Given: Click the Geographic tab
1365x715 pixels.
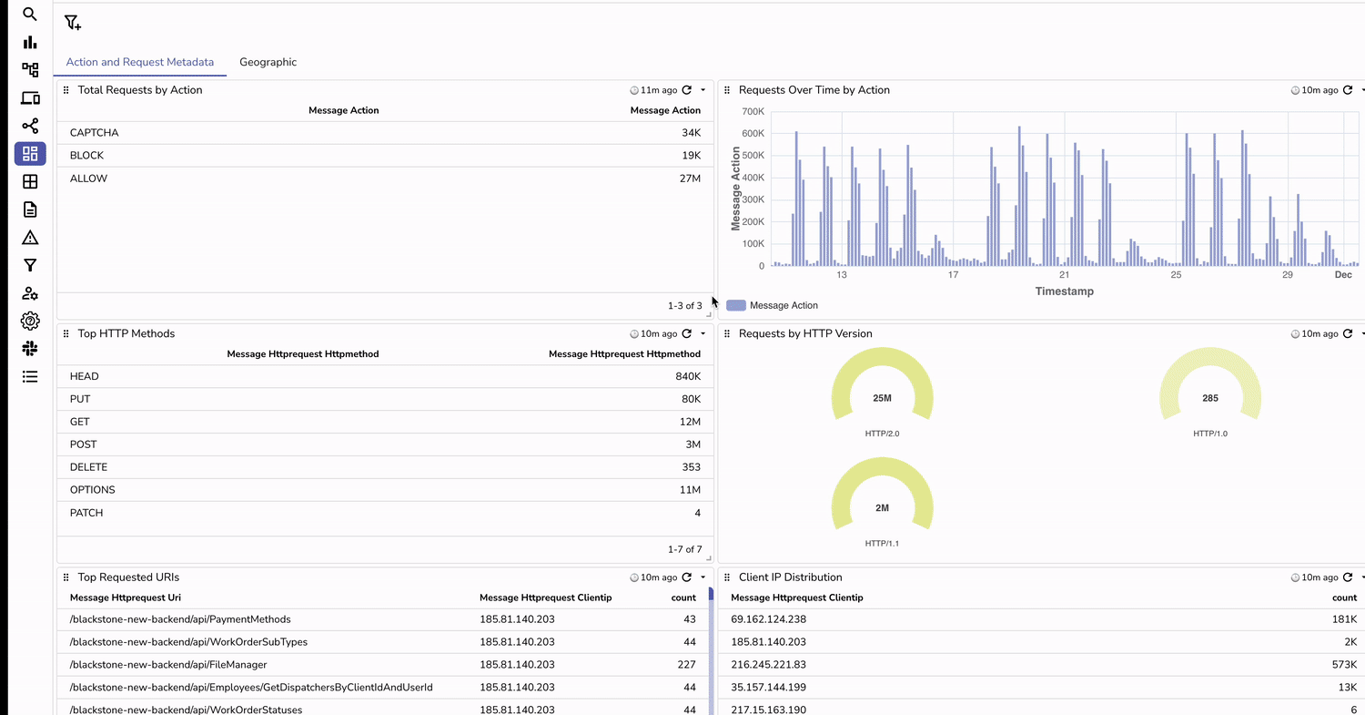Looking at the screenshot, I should [x=268, y=62].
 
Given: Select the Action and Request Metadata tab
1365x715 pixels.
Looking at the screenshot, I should [x=140, y=62].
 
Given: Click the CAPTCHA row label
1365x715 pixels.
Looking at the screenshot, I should [x=94, y=133].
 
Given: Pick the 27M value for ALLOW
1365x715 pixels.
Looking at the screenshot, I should [x=691, y=179].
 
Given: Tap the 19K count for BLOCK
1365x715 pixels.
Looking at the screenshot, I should [x=691, y=156].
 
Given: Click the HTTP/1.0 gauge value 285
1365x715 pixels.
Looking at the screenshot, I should [x=1209, y=398].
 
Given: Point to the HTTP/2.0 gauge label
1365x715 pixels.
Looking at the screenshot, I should [x=882, y=434].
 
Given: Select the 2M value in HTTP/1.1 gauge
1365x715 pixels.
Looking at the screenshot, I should [x=882, y=507].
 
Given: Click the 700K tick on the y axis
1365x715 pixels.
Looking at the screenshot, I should [x=753, y=111].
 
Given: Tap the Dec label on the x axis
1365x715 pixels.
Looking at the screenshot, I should [x=1343, y=274].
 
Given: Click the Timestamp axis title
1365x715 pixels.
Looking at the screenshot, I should [x=1064, y=291].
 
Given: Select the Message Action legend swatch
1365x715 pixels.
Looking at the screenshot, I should [x=736, y=306].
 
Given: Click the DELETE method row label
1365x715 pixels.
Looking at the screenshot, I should [x=88, y=467].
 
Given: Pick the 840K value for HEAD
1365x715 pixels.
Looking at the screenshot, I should [x=687, y=376].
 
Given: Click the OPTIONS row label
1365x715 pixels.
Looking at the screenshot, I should [x=92, y=490].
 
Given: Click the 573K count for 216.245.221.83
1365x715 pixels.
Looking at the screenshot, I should [x=1344, y=665].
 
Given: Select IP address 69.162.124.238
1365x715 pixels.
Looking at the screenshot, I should [x=768, y=619].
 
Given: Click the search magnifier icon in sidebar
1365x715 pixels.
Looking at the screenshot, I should [x=30, y=15].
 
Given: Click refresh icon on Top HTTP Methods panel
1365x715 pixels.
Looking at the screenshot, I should [x=687, y=334].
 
